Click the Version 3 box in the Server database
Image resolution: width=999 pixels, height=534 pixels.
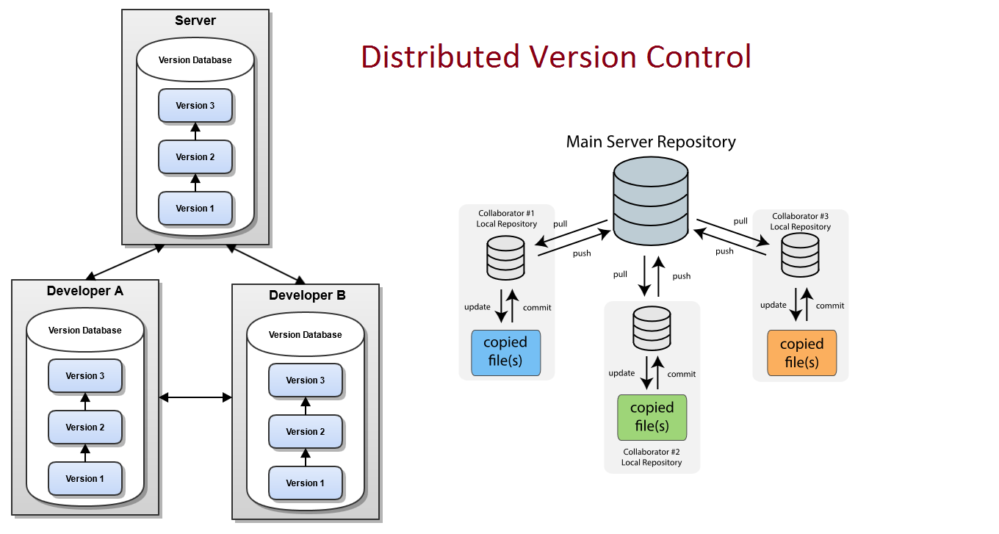click(x=195, y=106)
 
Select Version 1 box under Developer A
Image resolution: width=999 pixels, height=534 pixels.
click(x=85, y=479)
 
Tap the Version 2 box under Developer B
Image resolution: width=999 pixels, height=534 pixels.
click(x=306, y=432)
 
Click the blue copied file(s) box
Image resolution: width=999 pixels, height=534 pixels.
click(x=505, y=353)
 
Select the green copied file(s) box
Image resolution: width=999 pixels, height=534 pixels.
click(x=652, y=417)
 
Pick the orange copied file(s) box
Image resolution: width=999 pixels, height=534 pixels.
click(x=802, y=353)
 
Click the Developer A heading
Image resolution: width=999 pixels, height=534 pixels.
click(x=85, y=291)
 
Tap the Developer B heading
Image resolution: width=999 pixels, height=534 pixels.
click(x=307, y=296)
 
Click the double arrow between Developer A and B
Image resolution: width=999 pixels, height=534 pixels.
click(x=195, y=397)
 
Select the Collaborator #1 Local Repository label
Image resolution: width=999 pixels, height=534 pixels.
click(x=508, y=219)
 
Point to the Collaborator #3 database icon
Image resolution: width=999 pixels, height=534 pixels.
click(x=800, y=254)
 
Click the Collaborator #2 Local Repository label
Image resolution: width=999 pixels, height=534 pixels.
click(x=652, y=457)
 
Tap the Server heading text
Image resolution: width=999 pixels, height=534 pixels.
click(x=195, y=21)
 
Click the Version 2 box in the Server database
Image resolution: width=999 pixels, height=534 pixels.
click(x=195, y=157)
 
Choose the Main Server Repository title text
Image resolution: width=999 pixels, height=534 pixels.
click(x=651, y=142)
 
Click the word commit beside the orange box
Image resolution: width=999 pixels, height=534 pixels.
click(x=830, y=306)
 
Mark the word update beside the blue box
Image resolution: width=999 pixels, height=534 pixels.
click(x=477, y=306)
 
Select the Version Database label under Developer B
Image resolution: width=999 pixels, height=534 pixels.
click(x=306, y=335)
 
